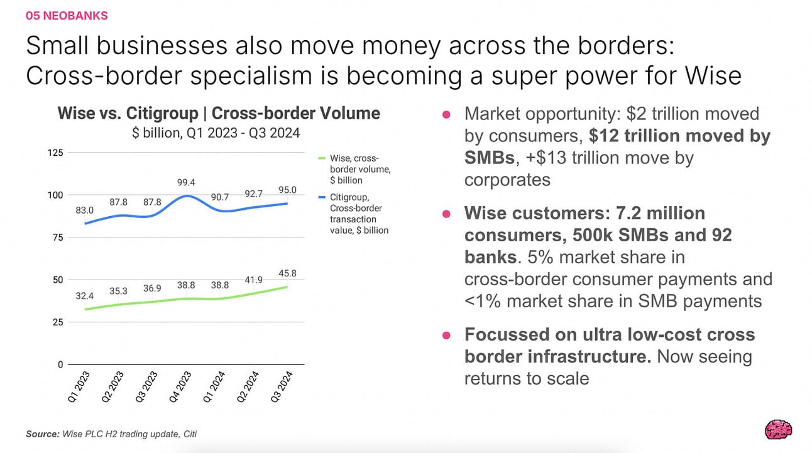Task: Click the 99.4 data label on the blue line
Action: click(186, 182)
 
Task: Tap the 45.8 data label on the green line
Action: click(287, 273)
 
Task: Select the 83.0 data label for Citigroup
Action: click(84, 210)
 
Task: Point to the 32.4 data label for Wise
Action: click(84, 296)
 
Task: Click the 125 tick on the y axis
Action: click(55, 153)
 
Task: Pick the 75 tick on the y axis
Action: click(58, 237)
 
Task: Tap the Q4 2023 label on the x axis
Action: click(180, 386)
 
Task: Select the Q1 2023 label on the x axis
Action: click(79, 386)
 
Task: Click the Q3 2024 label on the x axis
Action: click(282, 386)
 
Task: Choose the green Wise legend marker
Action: click(322, 158)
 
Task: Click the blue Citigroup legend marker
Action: click(322, 197)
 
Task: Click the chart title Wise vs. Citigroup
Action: click(128, 113)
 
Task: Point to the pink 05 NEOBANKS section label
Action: click(67, 16)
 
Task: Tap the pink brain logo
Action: click(778, 430)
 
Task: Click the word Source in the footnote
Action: click(42, 434)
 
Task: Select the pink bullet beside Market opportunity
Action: click(446, 115)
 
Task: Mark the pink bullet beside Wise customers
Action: click(446, 214)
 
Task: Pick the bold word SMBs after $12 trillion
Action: click(490, 158)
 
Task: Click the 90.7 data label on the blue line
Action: click(220, 197)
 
